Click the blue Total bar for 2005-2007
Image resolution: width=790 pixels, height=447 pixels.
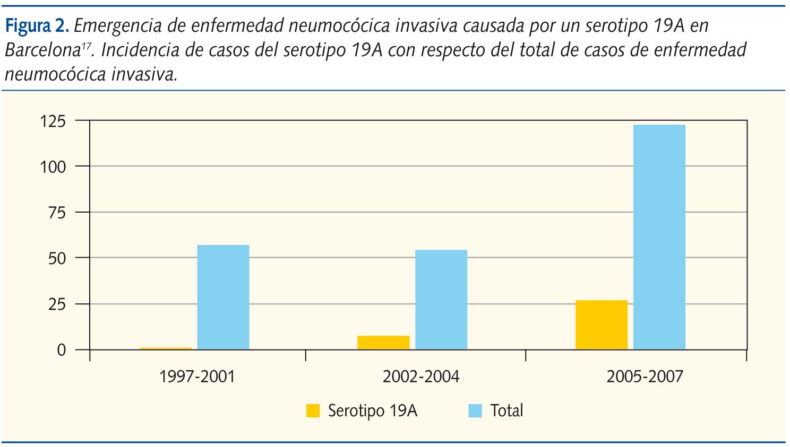tap(659, 237)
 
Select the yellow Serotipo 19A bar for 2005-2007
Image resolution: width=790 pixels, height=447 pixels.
tap(602, 325)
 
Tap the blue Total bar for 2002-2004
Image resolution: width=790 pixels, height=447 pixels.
tap(441, 300)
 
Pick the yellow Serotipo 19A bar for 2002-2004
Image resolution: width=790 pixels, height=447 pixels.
tap(383, 343)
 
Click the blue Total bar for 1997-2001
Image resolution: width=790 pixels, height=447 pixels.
tap(223, 297)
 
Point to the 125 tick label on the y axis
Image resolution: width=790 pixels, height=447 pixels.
tap(53, 121)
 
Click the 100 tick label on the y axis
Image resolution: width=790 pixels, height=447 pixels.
tap(53, 167)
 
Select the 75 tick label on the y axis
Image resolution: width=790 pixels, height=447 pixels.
tap(57, 213)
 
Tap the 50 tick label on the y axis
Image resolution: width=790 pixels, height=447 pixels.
tap(57, 259)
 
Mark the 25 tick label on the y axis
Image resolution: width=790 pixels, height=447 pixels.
tap(57, 304)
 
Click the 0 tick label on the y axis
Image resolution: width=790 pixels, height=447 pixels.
tap(62, 350)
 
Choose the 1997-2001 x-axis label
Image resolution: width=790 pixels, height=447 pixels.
tap(197, 377)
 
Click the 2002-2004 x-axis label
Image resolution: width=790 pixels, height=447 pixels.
tap(421, 377)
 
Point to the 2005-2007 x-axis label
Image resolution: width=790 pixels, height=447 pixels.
tap(645, 377)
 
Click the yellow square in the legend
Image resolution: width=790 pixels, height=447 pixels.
tap(313, 411)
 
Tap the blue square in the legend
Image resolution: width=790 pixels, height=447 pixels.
tap(475, 411)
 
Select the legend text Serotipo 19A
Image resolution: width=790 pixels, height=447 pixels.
tap(373, 411)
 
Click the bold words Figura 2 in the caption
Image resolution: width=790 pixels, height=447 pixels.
tap(37, 26)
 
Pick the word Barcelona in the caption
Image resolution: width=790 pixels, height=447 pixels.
tap(42, 50)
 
